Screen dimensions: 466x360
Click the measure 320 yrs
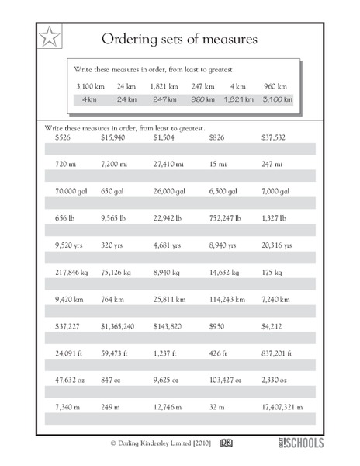[x=112, y=245]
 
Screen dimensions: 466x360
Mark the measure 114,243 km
[x=225, y=298]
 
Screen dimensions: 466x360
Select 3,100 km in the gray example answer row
[x=278, y=100]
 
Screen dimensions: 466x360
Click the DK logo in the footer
[x=227, y=443]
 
